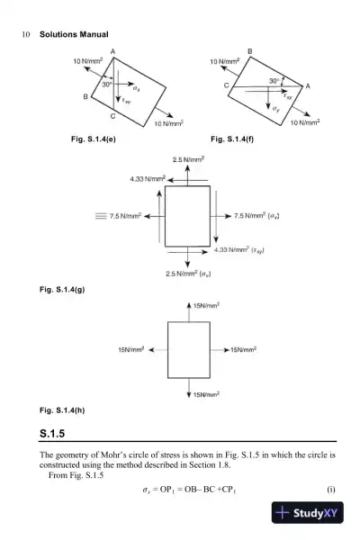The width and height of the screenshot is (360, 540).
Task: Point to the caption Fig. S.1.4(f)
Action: click(x=233, y=139)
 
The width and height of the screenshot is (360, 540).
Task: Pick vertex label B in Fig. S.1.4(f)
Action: click(x=249, y=50)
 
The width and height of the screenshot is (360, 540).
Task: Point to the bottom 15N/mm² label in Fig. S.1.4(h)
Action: click(x=207, y=393)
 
